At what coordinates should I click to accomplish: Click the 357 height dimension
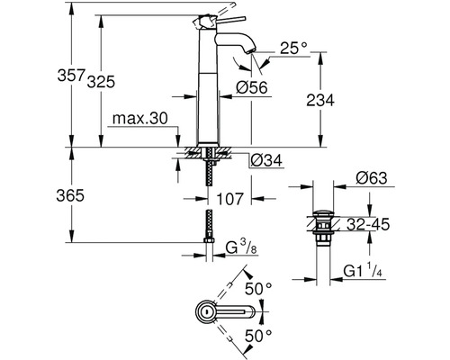(x=71, y=75)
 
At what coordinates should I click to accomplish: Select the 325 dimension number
(x=101, y=82)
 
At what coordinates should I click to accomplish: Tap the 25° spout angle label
(x=293, y=48)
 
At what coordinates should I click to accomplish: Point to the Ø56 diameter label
(x=252, y=87)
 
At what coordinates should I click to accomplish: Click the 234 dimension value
(x=320, y=100)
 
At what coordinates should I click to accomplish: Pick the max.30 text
(x=140, y=119)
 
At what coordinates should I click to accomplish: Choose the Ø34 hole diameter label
(x=266, y=160)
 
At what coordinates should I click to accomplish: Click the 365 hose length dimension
(x=70, y=196)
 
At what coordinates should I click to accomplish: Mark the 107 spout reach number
(x=229, y=199)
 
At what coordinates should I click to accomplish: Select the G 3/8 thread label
(x=241, y=247)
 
